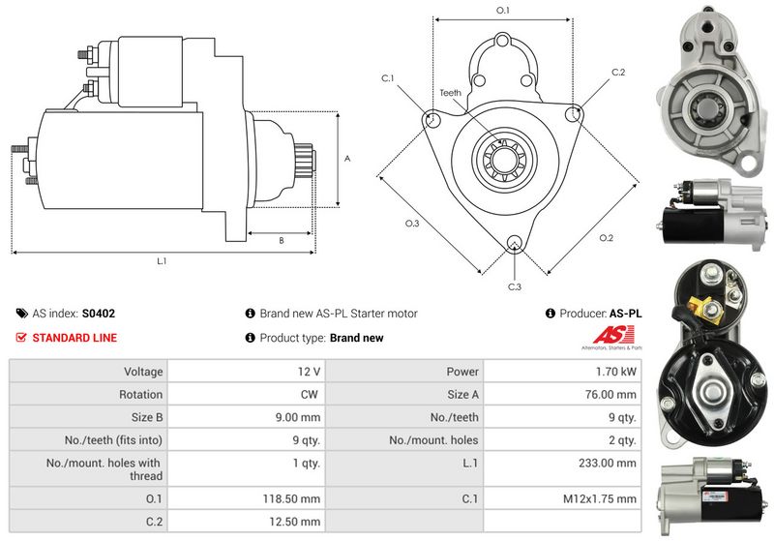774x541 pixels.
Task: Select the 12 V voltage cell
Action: [x=311, y=371]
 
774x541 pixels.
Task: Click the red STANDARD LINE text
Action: [x=74, y=338]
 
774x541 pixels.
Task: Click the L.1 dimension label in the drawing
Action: [x=163, y=261]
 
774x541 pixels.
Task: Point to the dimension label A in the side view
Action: [x=347, y=158]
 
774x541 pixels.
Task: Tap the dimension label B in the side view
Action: [x=281, y=240]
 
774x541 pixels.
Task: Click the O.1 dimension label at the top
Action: [x=502, y=10]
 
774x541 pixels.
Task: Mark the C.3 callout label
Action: [x=515, y=286]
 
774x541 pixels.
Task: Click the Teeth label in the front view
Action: [x=451, y=93]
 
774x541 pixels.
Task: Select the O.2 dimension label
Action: [x=606, y=237]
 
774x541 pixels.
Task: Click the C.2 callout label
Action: [x=618, y=73]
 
